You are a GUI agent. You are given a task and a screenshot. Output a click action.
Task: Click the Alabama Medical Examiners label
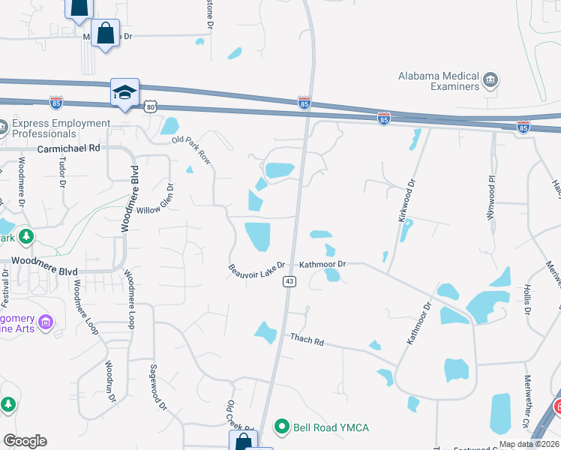(439, 81)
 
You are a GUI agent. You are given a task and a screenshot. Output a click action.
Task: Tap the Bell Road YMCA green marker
(282, 427)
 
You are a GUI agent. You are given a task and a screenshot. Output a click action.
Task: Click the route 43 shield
(288, 281)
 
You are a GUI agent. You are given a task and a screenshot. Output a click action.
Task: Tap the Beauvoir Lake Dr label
(257, 268)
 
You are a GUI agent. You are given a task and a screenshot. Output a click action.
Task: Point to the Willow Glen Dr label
(160, 199)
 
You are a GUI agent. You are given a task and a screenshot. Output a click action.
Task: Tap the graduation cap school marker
(124, 92)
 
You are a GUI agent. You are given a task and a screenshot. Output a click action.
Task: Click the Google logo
(25, 441)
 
